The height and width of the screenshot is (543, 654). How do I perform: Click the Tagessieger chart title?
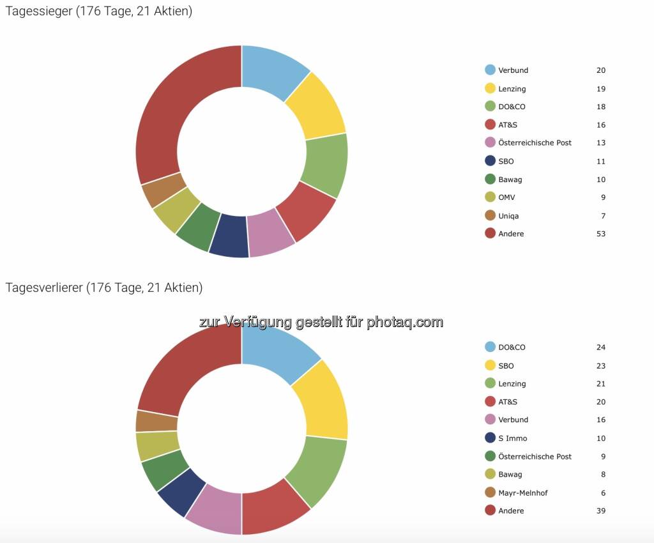tap(98, 11)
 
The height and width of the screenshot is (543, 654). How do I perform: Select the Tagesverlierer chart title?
tap(103, 287)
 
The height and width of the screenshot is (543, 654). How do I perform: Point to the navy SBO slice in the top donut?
tap(229, 236)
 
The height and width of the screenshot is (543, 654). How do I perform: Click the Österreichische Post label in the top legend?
tap(535, 142)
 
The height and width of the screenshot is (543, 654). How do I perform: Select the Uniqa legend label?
tap(508, 216)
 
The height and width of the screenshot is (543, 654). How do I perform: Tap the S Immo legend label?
tap(512, 438)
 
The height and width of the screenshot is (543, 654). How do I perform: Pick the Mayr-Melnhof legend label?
tap(522, 493)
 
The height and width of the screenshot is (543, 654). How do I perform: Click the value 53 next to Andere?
tap(601, 234)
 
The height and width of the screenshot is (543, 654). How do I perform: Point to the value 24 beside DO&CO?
tap(601, 348)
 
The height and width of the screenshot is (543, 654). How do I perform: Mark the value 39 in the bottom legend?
tap(601, 510)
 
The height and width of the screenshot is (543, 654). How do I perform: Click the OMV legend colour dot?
tap(490, 197)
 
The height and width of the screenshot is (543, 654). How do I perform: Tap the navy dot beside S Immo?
tap(490, 438)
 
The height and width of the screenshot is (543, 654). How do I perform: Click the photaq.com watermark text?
tap(321, 322)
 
